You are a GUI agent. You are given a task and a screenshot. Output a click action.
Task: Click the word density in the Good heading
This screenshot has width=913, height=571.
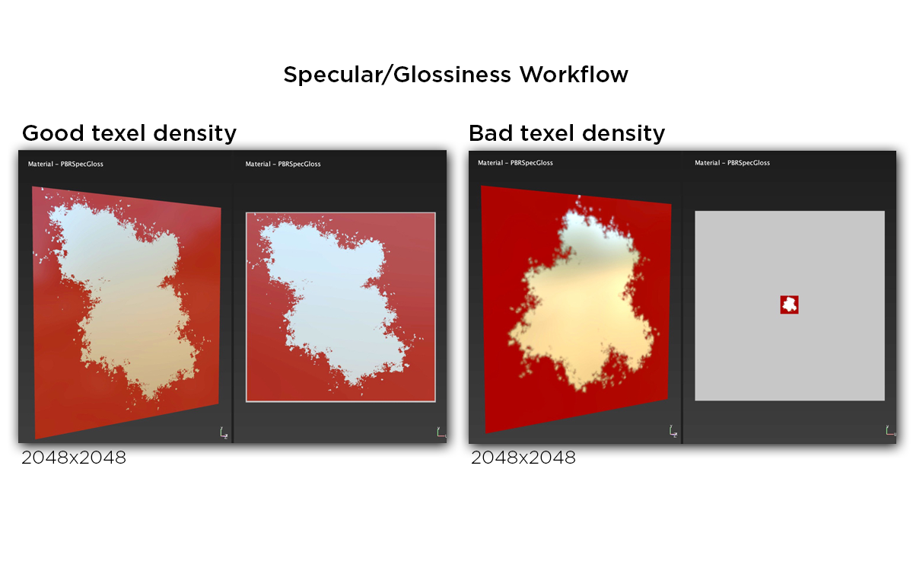pyautogui.click(x=194, y=133)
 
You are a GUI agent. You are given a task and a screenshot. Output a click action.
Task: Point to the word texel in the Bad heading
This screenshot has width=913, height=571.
pyautogui.click(x=553, y=133)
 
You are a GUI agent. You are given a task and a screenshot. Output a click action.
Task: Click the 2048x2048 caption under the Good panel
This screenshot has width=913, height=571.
pyautogui.click(x=74, y=458)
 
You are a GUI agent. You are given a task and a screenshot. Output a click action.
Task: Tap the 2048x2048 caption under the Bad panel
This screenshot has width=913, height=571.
pyautogui.click(x=523, y=458)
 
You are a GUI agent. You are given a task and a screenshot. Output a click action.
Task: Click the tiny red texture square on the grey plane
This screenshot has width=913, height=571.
pyautogui.click(x=790, y=305)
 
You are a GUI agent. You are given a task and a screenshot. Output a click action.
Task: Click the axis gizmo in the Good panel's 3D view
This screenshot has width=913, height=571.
pyautogui.click(x=224, y=432)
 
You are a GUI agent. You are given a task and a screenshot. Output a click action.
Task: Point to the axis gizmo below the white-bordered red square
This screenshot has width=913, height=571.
pyautogui.click(x=441, y=432)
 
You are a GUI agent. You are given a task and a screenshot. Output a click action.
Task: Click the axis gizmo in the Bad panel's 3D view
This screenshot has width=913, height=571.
pyautogui.click(x=673, y=432)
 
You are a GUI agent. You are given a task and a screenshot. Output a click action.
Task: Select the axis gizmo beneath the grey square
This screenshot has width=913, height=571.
pyautogui.click(x=890, y=431)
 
